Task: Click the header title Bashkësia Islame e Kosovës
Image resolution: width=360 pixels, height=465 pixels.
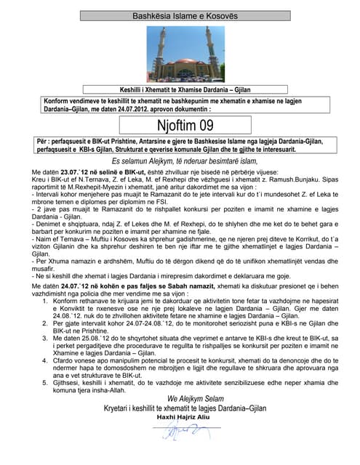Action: pos(180,15)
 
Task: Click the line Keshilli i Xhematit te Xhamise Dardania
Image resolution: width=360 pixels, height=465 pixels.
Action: pos(180,86)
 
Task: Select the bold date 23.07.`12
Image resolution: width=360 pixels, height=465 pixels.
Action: pos(73,171)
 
